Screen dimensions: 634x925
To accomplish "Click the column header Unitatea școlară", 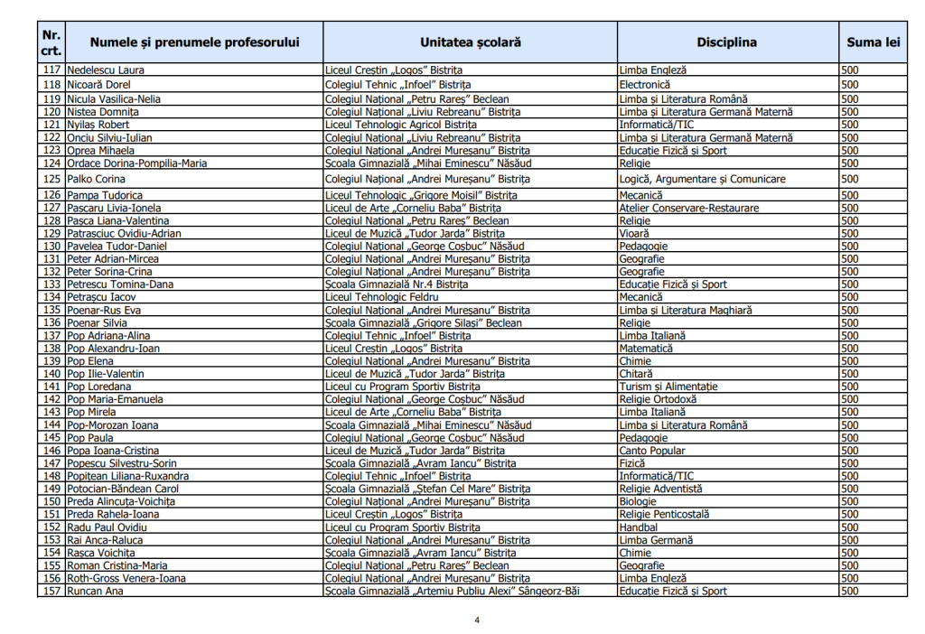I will pyautogui.click(x=470, y=42).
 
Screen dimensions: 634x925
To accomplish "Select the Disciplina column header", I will pyautogui.click(x=726, y=42).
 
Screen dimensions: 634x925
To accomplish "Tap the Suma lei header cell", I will pyautogui.click(x=873, y=42).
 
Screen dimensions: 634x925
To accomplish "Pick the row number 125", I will pyautogui.click(x=51, y=179).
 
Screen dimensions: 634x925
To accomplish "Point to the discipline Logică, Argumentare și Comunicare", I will pyautogui.click(x=702, y=179).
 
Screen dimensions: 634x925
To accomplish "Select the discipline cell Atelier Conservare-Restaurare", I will pyautogui.click(x=688, y=208).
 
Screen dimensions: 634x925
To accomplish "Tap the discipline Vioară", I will pyautogui.click(x=634, y=233).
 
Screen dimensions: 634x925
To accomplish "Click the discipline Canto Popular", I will pyautogui.click(x=652, y=450).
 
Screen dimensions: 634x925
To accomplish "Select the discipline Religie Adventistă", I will pyautogui.click(x=660, y=488).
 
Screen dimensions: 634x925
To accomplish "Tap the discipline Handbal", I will pyautogui.click(x=638, y=527).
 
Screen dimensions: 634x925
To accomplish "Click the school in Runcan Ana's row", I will pyautogui.click(x=452, y=591).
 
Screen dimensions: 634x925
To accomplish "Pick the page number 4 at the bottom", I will pyautogui.click(x=477, y=620).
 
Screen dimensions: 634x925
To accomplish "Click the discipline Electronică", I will pyautogui.click(x=644, y=84).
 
